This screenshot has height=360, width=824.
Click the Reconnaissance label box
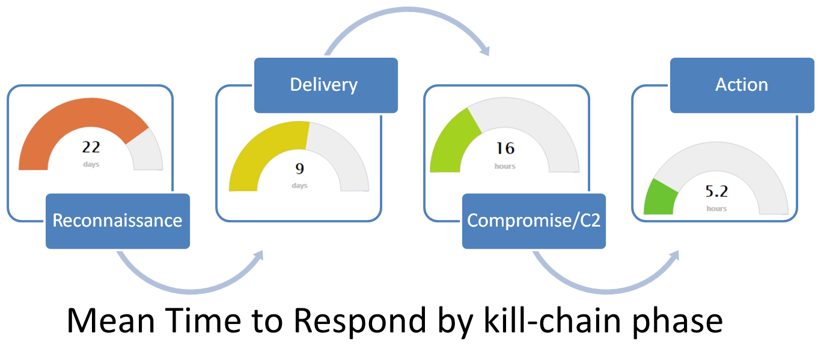tap(118, 221)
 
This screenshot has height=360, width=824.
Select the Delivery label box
tap(326, 85)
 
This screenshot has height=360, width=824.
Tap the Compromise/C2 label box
tap(534, 221)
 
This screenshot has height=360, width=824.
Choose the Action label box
tap(742, 85)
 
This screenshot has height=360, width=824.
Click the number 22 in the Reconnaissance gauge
tap(91, 147)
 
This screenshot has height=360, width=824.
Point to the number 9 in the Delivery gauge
tap(300, 169)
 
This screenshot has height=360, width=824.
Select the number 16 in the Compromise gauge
tap(505, 148)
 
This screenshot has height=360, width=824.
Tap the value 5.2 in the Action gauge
tap(716, 191)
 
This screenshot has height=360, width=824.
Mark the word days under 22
tap(91, 164)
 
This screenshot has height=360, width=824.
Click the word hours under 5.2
tap(716, 209)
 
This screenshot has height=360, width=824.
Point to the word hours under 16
tap(505, 166)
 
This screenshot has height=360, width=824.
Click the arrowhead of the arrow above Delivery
tap(486, 50)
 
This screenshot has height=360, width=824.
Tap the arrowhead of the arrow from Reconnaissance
tap(258, 255)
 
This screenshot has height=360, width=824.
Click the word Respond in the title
tap(360, 321)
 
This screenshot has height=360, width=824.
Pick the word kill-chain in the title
tap(552, 321)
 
